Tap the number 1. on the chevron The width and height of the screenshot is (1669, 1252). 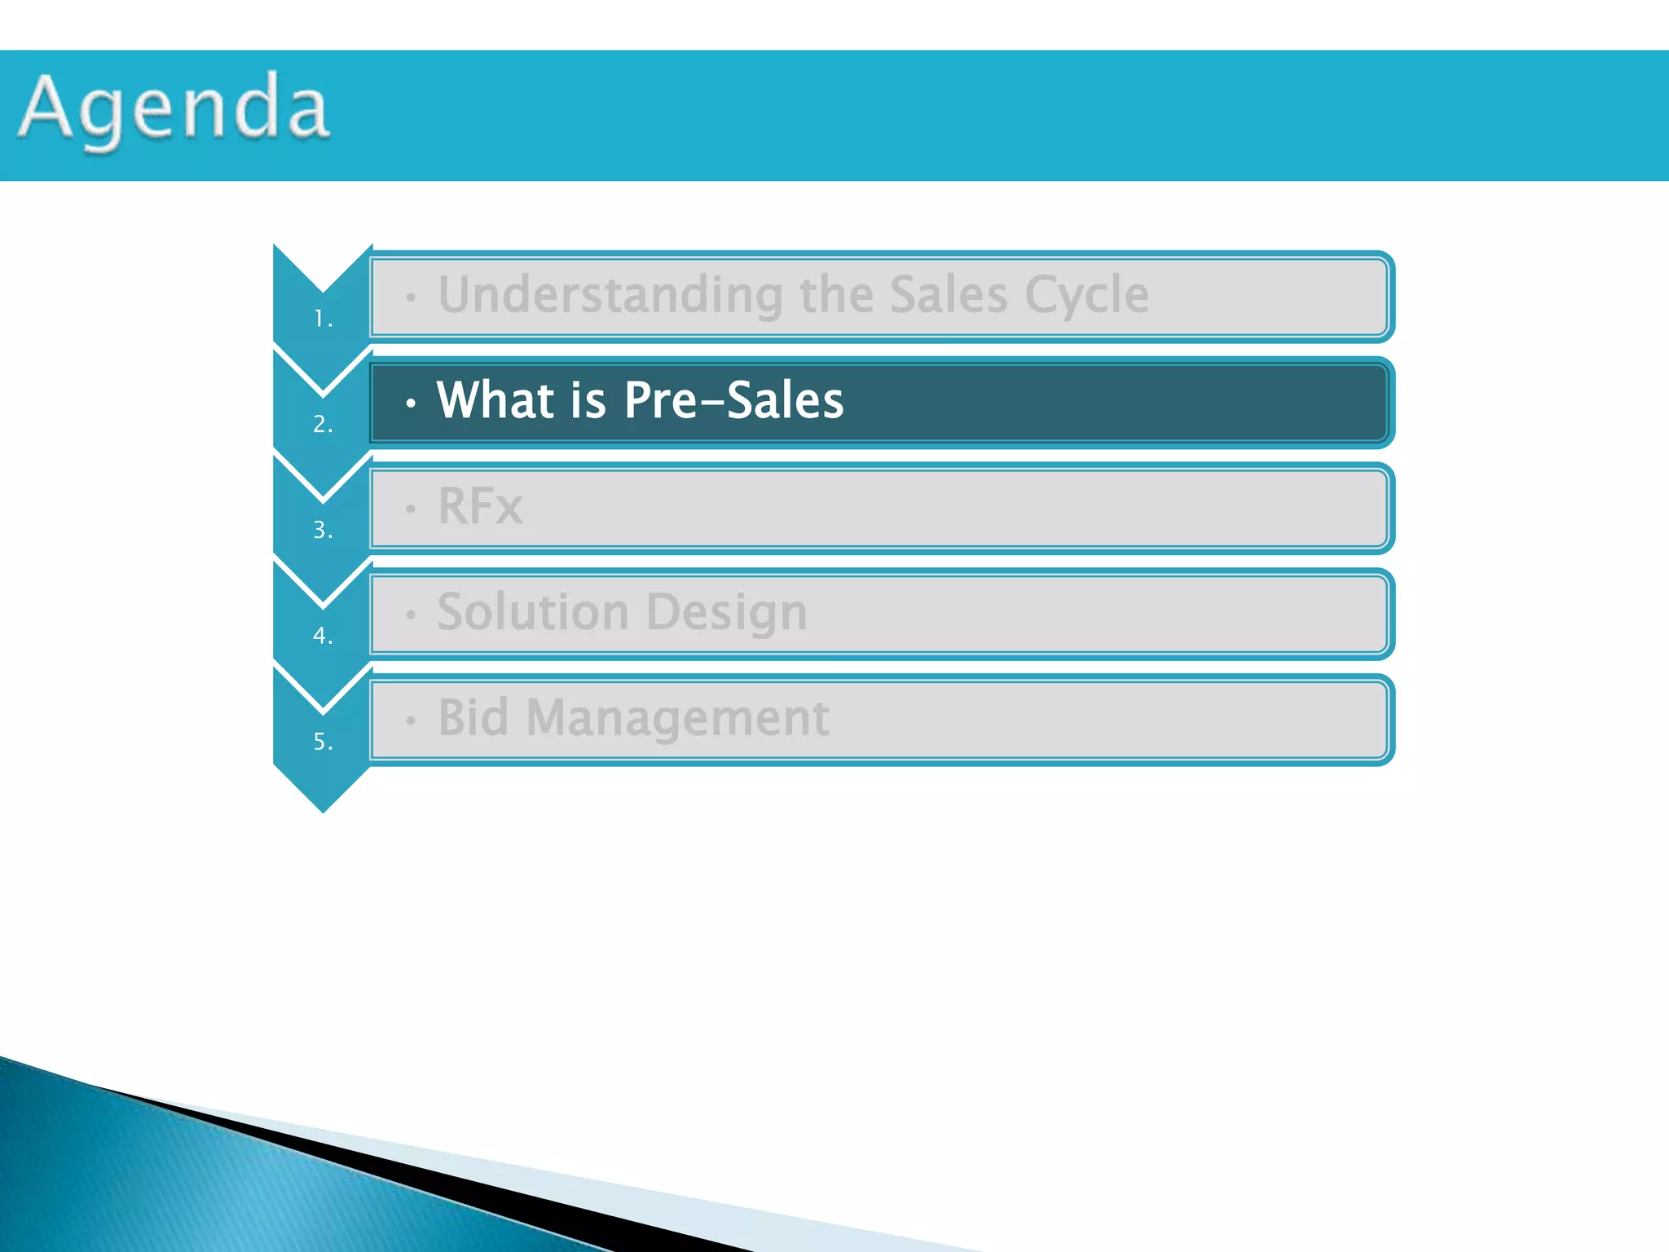[x=324, y=319]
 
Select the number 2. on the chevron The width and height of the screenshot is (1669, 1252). [x=324, y=424]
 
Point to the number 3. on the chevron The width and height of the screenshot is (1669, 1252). [x=324, y=530]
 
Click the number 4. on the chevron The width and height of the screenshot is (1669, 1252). [x=324, y=636]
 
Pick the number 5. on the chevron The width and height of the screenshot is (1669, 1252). [x=324, y=742]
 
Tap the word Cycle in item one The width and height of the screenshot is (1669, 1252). [x=1086, y=295]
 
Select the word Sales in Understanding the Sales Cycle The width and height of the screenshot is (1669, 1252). [x=949, y=294]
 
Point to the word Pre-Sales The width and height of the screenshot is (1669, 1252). [x=733, y=400]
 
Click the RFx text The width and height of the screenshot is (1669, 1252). [x=480, y=506]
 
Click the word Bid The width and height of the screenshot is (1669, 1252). [x=473, y=718]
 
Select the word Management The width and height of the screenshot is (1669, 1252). [x=678, y=719]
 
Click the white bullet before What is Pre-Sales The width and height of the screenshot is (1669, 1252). [x=412, y=403]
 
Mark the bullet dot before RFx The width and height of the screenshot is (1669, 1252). [x=412, y=509]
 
